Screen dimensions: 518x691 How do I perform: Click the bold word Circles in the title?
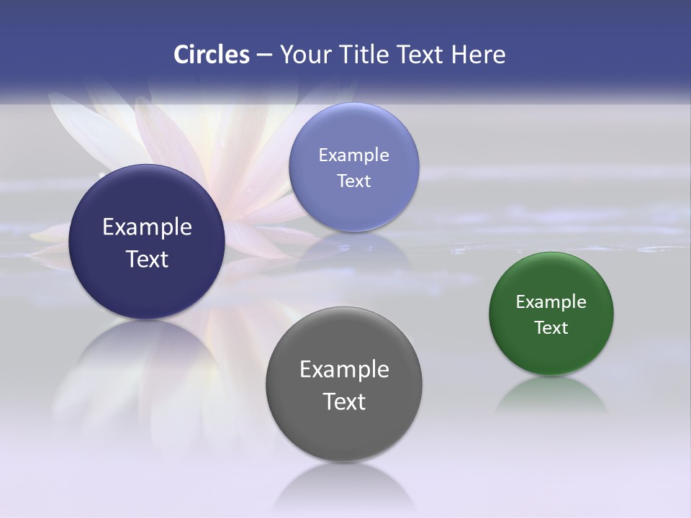211,55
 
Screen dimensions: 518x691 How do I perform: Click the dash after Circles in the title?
263,55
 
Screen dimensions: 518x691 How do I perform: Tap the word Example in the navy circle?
147,227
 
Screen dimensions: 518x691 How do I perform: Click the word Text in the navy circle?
147,259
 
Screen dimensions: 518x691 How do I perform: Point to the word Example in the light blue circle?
353,155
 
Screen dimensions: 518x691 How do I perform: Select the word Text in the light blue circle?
353,181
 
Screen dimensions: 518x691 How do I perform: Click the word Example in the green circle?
551,301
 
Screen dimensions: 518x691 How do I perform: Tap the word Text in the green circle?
551,327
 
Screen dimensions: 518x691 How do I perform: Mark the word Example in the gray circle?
344,369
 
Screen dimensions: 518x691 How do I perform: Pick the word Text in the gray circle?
344,401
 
